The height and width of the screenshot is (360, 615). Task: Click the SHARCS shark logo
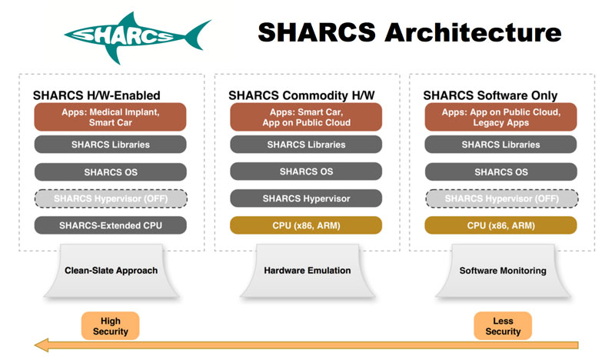[138, 37]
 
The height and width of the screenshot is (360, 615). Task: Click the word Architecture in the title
[473, 32]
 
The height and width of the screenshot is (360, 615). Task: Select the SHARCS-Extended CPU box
[111, 225]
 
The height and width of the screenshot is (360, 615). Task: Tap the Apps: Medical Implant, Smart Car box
[110, 117]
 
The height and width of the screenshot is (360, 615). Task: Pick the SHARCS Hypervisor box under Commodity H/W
[306, 198]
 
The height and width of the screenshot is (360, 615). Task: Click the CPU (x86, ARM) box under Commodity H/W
[306, 225]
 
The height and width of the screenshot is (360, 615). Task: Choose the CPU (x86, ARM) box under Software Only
[501, 225]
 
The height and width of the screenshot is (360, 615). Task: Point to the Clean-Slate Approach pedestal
[111, 271]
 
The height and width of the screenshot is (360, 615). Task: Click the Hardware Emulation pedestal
[307, 271]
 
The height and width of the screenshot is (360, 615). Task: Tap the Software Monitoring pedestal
[503, 271]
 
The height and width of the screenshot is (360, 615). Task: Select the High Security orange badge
[110, 326]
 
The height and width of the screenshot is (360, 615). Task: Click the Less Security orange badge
[503, 326]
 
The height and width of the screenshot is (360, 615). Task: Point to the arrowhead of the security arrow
[35, 345]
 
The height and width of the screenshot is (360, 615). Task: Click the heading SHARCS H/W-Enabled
[97, 95]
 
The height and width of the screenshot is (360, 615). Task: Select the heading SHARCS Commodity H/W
[301, 95]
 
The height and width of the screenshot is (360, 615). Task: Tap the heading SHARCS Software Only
[490, 95]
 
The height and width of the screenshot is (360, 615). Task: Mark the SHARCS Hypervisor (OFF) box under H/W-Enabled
[111, 198]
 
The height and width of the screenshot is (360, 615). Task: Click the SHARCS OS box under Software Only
[501, 172]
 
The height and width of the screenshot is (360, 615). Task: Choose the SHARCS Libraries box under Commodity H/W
[306, 145]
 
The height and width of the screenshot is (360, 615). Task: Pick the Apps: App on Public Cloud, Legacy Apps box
[501, 117]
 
